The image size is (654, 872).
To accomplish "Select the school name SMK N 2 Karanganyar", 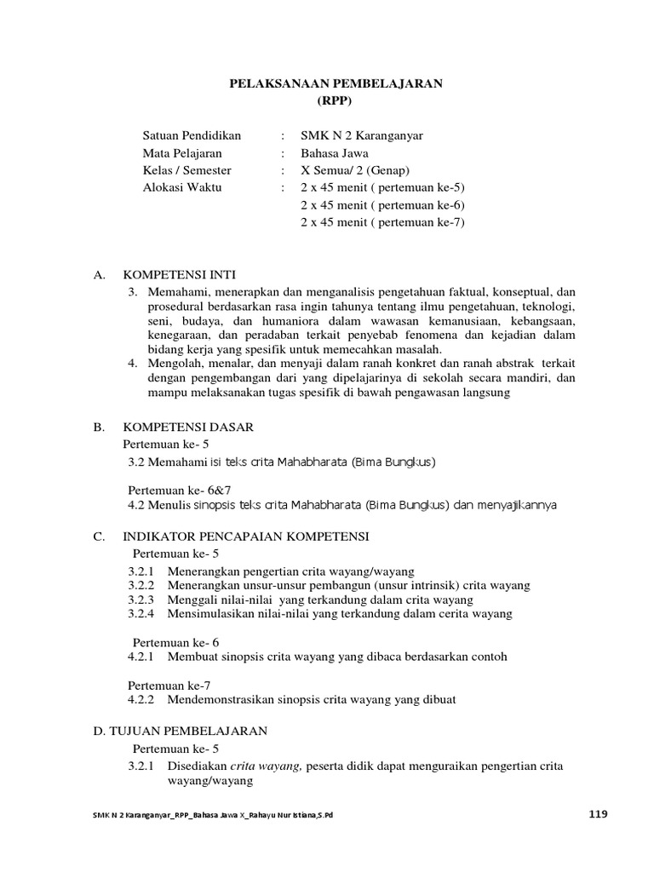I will (x=362, y=135).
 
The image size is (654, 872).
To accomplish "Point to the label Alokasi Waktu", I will (x=182, y=187).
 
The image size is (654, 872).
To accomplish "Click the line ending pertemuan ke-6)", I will (x=383, y=205).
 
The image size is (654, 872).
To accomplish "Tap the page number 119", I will (x=599, y=814).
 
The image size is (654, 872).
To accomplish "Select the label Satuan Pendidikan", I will (x=192, y=135).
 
